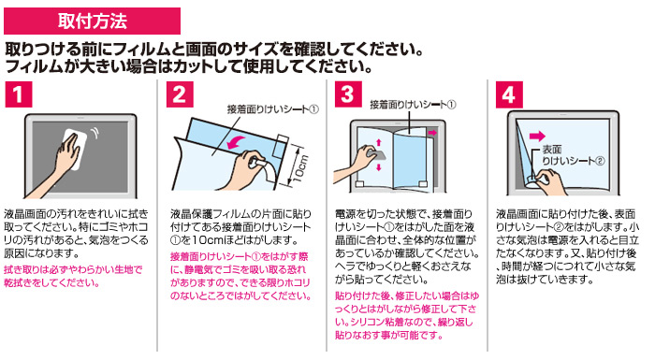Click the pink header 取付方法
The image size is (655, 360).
[92, 21]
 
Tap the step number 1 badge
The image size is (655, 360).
[19, 94]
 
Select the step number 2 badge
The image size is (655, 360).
[180, 94]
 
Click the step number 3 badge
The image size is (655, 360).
[348, 94]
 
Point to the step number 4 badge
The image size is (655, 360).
[509, 95]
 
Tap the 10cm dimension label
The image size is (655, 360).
[300, 168]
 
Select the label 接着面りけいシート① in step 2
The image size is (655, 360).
[273, 109]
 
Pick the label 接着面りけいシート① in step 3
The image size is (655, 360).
[413, 105]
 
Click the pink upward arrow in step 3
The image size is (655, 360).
[379, 143]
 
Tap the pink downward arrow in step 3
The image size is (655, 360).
[379, 167]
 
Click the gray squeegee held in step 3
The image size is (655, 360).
[376, 155]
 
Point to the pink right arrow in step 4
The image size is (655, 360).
[537, 136]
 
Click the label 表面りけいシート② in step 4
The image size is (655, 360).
[573, 155]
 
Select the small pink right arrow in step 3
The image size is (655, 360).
[432, 133]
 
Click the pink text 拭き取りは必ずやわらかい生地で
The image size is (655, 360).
[73, 270]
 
